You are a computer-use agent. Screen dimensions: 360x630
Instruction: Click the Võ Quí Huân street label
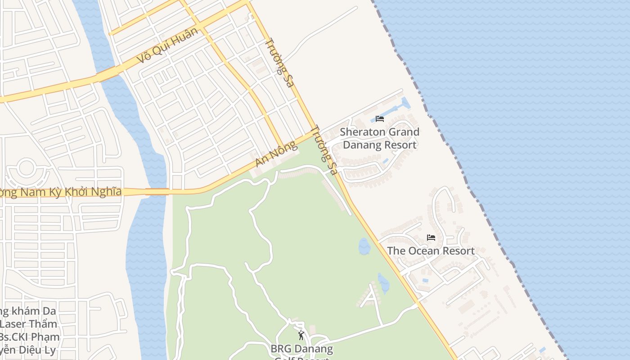[x=167, y=45]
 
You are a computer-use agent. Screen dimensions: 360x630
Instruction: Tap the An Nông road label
[x=276, y=154]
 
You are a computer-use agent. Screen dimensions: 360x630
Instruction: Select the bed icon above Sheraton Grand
[x=380, y=119]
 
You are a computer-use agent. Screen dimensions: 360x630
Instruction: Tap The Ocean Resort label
[x=431, y=251]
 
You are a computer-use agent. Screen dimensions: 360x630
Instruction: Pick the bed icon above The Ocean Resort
[x=431, y=237]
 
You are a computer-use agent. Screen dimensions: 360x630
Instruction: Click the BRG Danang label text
[x=301, y=349]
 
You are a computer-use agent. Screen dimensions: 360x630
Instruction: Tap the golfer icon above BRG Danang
[x=301, y=335]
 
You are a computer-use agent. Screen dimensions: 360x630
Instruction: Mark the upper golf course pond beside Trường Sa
[x=364, y=246]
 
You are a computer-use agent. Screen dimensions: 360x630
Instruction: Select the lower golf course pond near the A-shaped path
[x=383, y=283]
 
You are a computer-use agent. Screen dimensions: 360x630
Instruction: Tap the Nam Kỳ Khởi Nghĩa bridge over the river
[x=157, y=192]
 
